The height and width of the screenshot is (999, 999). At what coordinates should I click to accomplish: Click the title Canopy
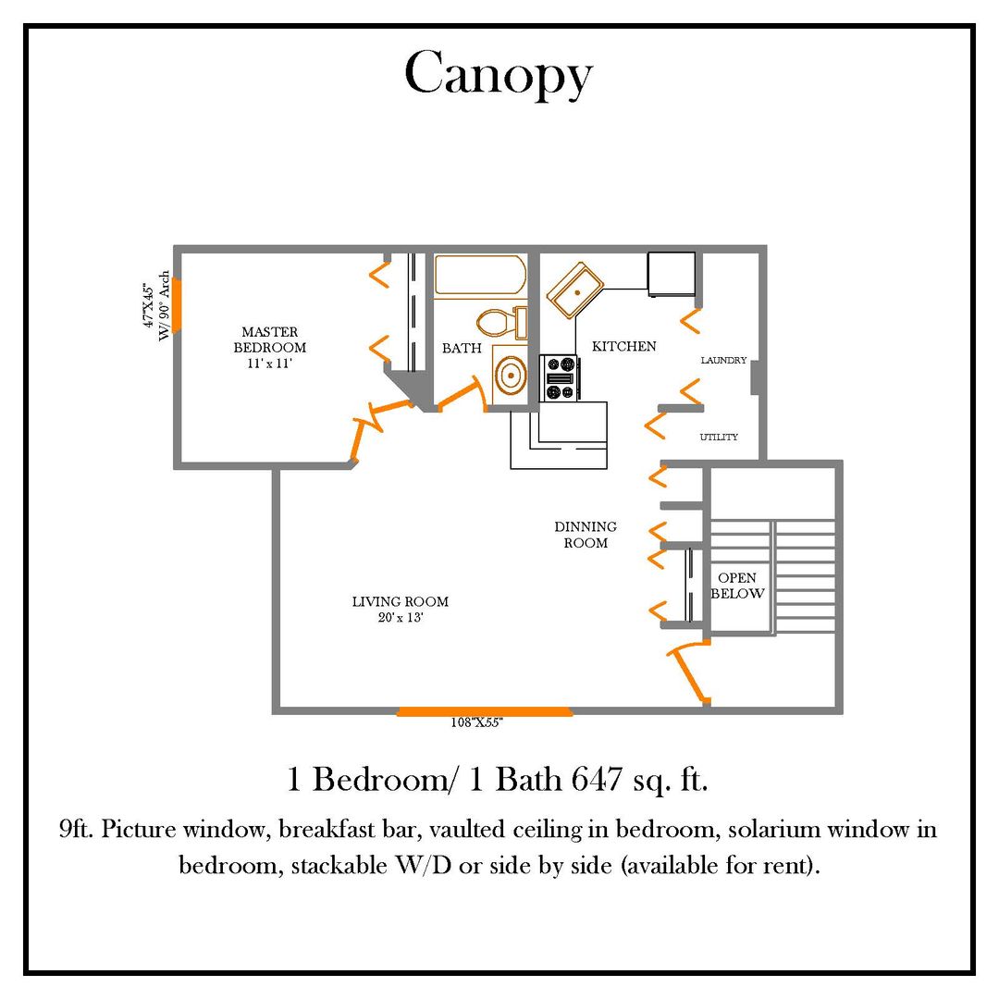[x=498, y=75]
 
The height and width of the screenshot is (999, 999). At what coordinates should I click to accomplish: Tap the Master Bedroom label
[x=269, y=339]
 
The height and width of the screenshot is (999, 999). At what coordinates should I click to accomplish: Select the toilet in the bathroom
[x=499, y=323]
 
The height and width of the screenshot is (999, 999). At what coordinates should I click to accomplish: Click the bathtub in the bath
[x=480, y=275]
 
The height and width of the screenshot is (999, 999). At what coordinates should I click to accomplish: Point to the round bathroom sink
[x=510, y=376]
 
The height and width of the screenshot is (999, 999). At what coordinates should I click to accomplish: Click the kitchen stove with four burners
[x=560, y=378]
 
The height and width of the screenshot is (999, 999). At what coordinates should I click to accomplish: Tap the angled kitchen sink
[x=575, y=289]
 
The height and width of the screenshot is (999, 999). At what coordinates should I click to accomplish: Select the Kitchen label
[x=623, y=346]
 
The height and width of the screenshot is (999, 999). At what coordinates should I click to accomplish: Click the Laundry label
[x=723, y=361]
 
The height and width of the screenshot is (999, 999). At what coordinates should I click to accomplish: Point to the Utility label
[x=719, y=437]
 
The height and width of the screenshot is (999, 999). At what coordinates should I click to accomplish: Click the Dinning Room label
[x=586, y=535]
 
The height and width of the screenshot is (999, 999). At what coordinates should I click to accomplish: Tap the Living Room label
[x=400, y=601]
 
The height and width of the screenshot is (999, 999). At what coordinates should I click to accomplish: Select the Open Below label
[x=737, y=586]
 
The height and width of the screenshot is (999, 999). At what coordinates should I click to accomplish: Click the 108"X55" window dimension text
[x=475, y=723]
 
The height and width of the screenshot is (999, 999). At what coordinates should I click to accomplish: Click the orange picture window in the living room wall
[x=485, y=711]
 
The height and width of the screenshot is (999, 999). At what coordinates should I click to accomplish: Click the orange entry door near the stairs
[x=689, y=672]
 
